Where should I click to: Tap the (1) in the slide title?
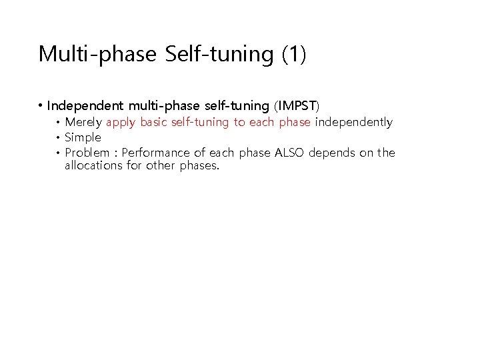(x=293, y=54)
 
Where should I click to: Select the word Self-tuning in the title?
(x=218, y=54)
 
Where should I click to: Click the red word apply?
(x=121, y=123)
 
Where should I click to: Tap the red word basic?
(x=154, y=123)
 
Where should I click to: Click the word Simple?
(x=83, y=137)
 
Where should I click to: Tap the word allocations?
(x=94, y=165)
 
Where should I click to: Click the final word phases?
(x=199, y=166)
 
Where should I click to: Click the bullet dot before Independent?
(x=41, y=106)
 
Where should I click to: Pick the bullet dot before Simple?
(x=59, y=138)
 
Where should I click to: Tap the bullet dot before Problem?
(x=59, y=153)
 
